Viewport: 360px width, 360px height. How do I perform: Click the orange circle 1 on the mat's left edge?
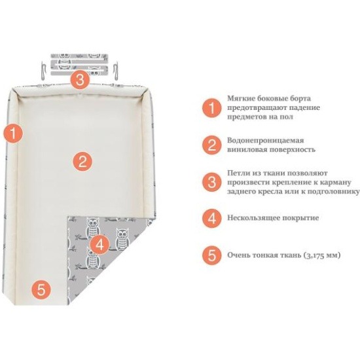pos(13,133)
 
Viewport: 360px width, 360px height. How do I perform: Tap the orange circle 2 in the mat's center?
pos(82,161)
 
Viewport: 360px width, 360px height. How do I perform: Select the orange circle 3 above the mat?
pos(80,80)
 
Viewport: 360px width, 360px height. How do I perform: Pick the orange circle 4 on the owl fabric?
pos(99,245)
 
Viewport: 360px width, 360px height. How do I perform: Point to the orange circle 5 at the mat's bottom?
pos(41,289)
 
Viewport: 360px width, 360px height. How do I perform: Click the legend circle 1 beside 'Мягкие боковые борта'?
pos(212,108)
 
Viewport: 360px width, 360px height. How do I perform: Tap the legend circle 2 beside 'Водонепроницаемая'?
pos(212,145)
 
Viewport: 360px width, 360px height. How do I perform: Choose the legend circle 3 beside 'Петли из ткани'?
pos(212,183)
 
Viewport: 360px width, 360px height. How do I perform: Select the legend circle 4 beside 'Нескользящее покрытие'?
pos(212,219)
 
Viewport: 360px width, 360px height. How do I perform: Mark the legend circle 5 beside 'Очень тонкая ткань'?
pos(212,255)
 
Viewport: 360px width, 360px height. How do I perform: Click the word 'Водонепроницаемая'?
pos(265,141)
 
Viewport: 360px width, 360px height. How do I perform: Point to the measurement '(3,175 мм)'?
pos(322,255)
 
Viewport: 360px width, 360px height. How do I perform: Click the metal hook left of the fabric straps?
pos(44,71)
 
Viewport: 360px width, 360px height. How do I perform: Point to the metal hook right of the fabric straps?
pos(115,71)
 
